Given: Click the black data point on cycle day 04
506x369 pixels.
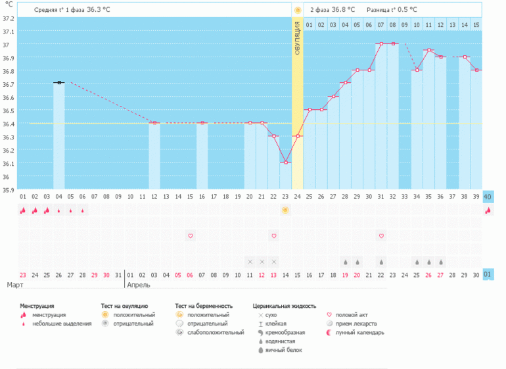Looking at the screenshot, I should (x=59, y=83).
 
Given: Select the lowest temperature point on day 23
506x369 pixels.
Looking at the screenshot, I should (x=286, y=162).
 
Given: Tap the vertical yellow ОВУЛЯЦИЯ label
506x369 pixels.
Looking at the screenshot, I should (x=298, y=39).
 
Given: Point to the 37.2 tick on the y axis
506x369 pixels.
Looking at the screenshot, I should (x=8, y=31).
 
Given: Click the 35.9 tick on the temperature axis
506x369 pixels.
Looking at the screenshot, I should (x=8, y=190).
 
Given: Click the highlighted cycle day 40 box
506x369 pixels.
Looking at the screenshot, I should (x=488, y=197).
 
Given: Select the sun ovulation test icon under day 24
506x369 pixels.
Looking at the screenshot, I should (x=285, y=210).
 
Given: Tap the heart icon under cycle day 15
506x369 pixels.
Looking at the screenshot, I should (x=191, y=235).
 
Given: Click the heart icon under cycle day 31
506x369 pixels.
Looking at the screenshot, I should (x=380, y=235).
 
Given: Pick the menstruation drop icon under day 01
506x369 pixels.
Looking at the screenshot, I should (x=23, y=210).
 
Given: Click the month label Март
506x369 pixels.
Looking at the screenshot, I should (x=16, y=285).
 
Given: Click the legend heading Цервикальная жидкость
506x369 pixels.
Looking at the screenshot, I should (x=284, y=306).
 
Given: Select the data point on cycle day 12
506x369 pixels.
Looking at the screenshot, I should (x=154, y=123).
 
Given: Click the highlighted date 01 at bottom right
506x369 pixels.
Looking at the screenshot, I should (x=488, y=274).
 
